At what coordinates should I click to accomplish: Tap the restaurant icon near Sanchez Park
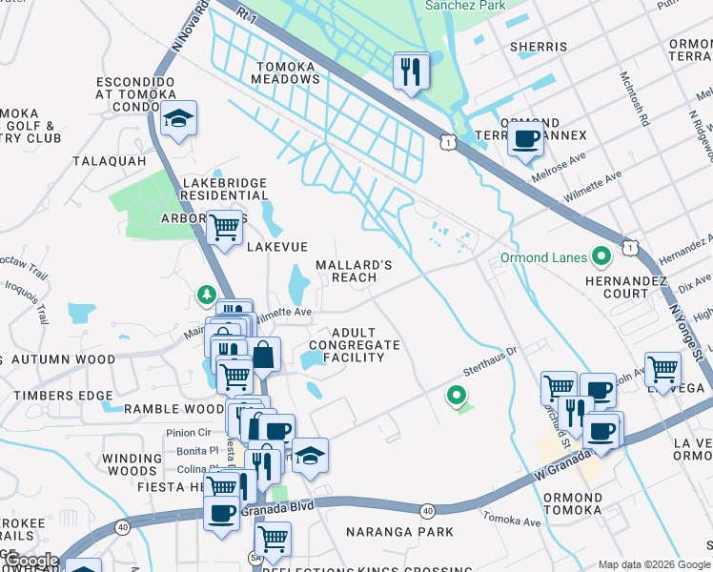pyautogui.click(x=412, y=71)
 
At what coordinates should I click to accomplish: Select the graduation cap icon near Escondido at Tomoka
pyautogui.click(x=178, y=119)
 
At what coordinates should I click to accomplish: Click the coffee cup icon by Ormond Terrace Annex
pyautogui.click(x=525, y=139)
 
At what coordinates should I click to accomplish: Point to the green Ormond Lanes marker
pyautogui.click(x=601, y=257)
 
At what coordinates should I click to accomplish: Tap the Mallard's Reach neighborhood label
pyautogui.click(x=355, y=271)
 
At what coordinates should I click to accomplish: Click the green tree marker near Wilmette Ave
pyautogui.click(x=206, y=296)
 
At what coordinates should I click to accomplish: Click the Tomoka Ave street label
pyautogui.click(x=513, y=518)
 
